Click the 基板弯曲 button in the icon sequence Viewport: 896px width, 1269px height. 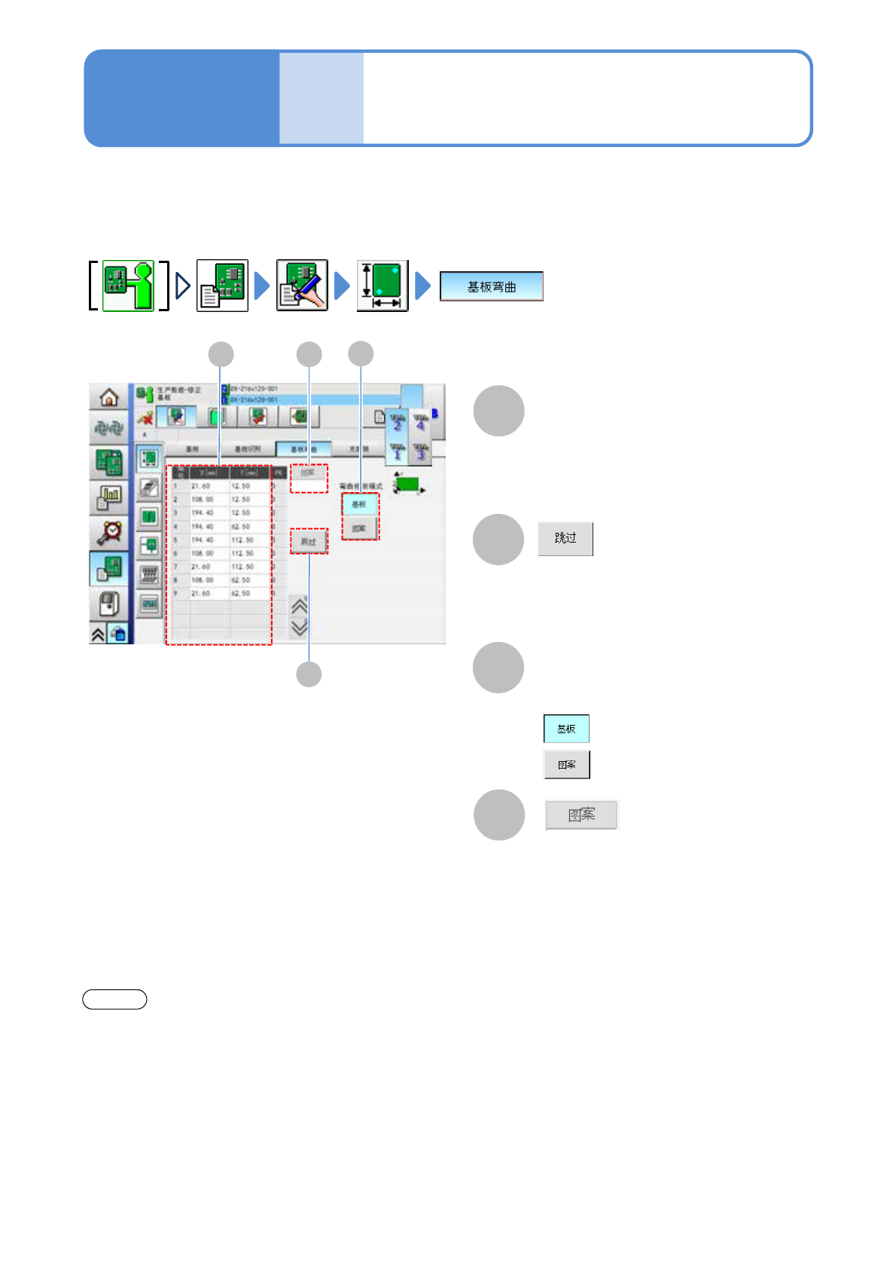point(491,286)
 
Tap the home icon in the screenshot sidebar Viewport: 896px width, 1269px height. point(109,397)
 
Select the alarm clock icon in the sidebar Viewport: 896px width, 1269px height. point(110,532)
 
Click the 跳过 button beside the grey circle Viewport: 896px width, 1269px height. point(565,539)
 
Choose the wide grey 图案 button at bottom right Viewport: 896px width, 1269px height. point(581,815)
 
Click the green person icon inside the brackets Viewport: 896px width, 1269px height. point(128,286)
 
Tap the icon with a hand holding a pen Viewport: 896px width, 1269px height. point(302,286)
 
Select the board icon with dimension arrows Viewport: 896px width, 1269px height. point(382,286)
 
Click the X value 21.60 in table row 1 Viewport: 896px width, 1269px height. point(201,486)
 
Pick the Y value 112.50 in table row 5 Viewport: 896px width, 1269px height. point(242,540)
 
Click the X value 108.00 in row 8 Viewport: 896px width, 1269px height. point(202,580)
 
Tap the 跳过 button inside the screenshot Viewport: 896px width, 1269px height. point(309,542)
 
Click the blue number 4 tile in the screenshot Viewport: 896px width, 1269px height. point(420,423)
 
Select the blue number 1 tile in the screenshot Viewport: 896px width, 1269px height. point(398,451)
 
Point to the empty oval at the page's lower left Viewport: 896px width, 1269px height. point(114,999)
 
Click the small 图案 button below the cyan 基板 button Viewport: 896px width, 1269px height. point(567,765)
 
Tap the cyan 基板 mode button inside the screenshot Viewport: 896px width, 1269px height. point(359,504)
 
